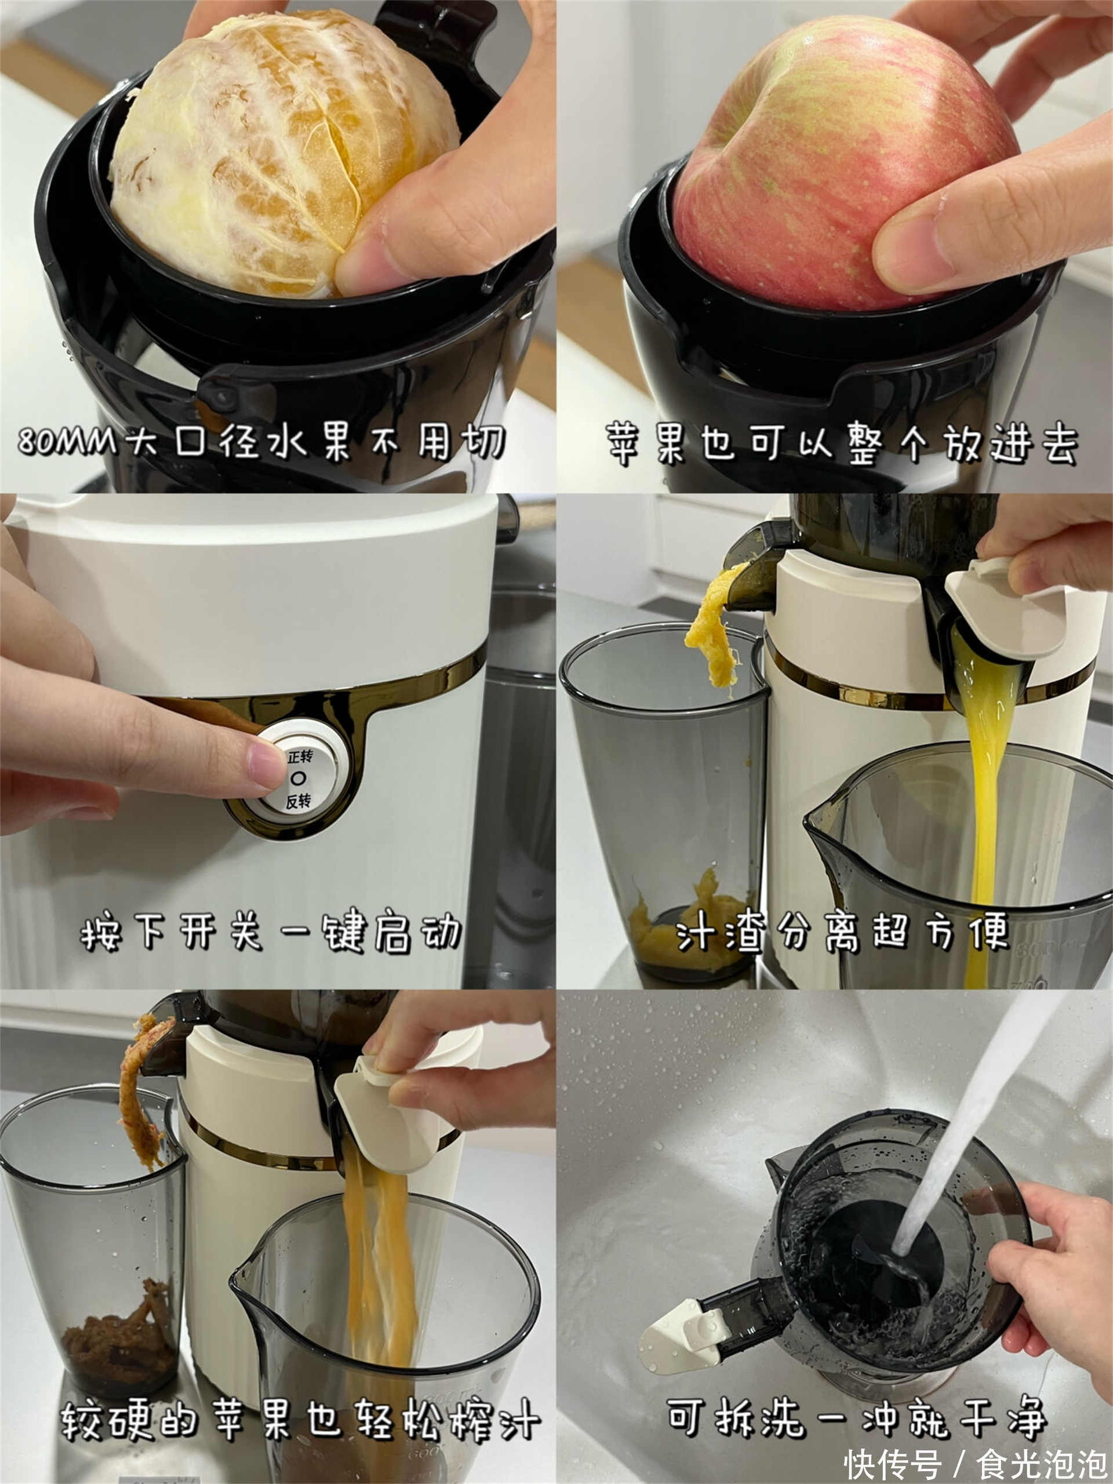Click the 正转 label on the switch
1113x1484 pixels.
coord(300,756)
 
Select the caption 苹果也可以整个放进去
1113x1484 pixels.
coord(842,443)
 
